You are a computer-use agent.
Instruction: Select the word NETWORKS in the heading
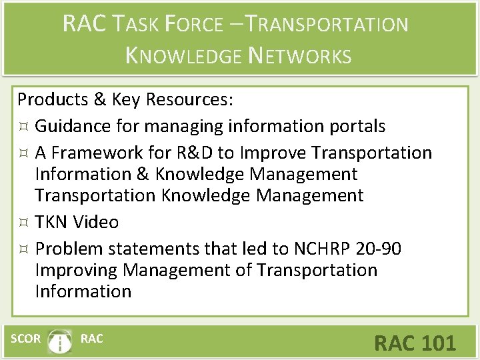click(x=299, y=55)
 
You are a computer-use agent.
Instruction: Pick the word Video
click(x=97, y=221)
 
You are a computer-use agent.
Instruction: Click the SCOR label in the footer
click(x=25, y=339)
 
